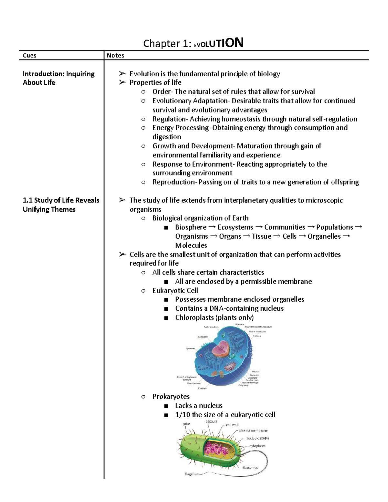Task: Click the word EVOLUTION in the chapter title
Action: coord(218,43)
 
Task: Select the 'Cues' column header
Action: coord(29,56)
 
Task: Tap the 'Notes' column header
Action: coord(115,56)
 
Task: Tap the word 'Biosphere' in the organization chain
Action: coord(191,227)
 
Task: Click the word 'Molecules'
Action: coord(191,245)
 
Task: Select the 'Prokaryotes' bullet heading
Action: coord(171,396)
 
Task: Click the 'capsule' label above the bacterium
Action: coord(211,422)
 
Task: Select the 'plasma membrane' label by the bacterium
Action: coord(253,431)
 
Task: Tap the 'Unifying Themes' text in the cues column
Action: coord(49,209)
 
